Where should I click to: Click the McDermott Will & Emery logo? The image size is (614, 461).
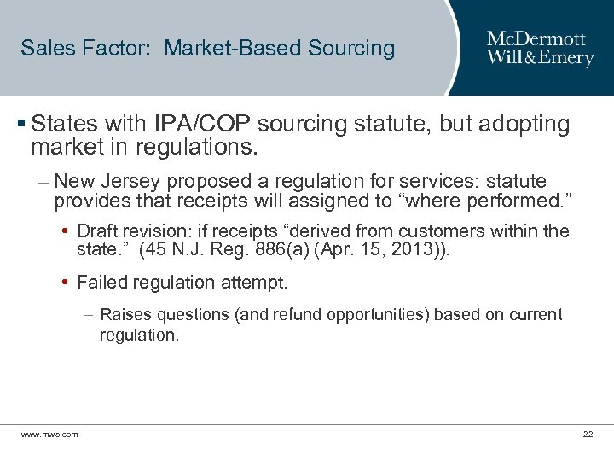(x=540, y=48)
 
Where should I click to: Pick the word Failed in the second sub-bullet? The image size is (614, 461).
(x=101, y=282)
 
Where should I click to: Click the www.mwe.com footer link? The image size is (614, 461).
(x=49, y=435)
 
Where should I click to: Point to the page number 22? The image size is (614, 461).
(x=588, y=435)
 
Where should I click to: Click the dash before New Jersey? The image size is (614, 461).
(x=43, y=181)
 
